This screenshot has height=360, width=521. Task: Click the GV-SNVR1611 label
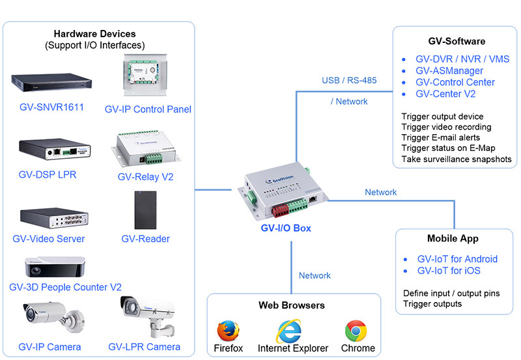click(51, 107)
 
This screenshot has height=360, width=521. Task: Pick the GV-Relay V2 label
click(145, 176)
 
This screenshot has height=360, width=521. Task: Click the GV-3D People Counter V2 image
click(55, 267)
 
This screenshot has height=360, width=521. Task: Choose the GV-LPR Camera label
click(145, 346)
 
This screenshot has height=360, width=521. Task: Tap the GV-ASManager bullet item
click(449, 71)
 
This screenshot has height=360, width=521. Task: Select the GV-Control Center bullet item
click(455, 83)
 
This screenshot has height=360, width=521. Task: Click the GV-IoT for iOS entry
click(450, 271)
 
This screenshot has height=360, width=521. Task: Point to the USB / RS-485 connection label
click(349, 81)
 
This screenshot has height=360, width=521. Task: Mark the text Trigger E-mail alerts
click(441, 137)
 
